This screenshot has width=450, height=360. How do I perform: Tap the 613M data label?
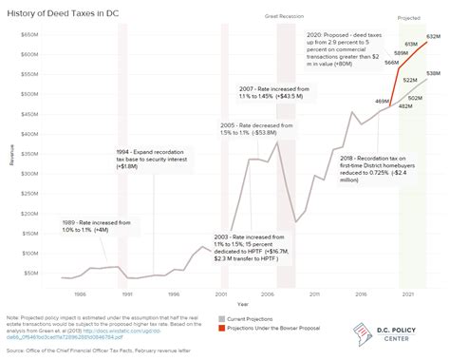coord(410,46)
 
